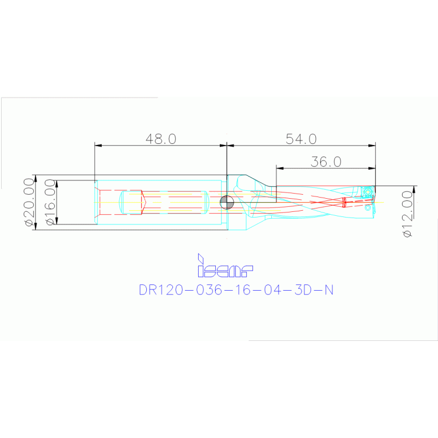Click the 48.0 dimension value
160,139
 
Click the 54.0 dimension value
301,139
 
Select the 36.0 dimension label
326,162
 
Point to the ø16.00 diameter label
50,202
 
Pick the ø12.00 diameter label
407,214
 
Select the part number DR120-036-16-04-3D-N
236,290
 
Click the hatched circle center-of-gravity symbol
227,202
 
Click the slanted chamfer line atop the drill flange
255,180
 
